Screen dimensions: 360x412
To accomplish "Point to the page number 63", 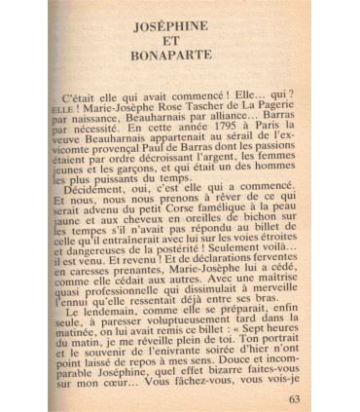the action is click(296, 395).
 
